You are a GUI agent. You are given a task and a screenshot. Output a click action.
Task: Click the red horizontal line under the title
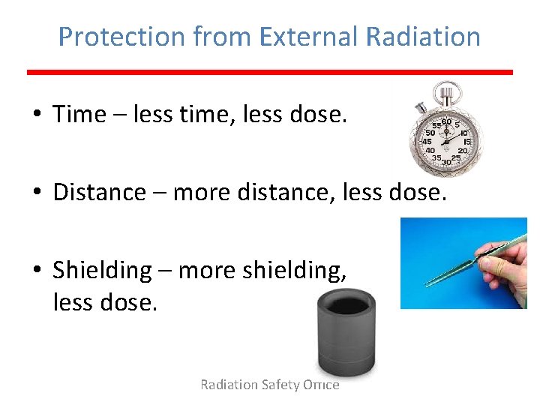[x=270, y=72]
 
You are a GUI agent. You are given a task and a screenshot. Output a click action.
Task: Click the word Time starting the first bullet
[x=79, y=114]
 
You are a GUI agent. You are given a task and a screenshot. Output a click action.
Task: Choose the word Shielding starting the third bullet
[x=102, y=270]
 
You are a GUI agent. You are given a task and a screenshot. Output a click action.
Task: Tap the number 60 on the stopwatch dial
[x=445, y=121]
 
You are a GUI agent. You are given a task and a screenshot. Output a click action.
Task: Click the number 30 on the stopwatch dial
[x=445, y=162]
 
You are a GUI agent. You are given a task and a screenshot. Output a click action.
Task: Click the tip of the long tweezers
[x=428, y=284]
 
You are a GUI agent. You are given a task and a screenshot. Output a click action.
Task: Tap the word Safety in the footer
[x=280, y=385]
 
